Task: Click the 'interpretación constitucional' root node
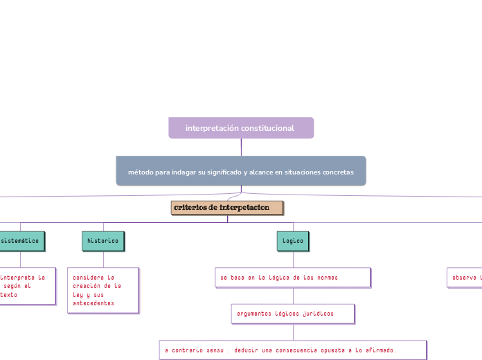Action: click(x=240, y=128)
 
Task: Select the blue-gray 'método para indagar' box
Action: click(x=240, y=171)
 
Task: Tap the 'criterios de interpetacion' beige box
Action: click(x=227, y=208)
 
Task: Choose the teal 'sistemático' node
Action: click(x=21, y=240)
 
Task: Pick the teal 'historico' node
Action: click(x=103, y=240)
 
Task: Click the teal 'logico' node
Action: click(x=293, y=240)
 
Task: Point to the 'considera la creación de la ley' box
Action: click(x=103, y=290)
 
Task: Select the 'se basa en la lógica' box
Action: click(x=292, y=277)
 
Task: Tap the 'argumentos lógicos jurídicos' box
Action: click(x=292, y=314)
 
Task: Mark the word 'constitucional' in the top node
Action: click(x=267, y=128)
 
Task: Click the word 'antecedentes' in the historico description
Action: click(x=93, y=303)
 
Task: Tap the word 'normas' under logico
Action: click(x=326, y=277)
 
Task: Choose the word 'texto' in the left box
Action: click(x=9, y=294)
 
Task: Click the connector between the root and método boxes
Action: click(x=241, y=147)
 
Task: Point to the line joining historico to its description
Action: click(x=103, y=258)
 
